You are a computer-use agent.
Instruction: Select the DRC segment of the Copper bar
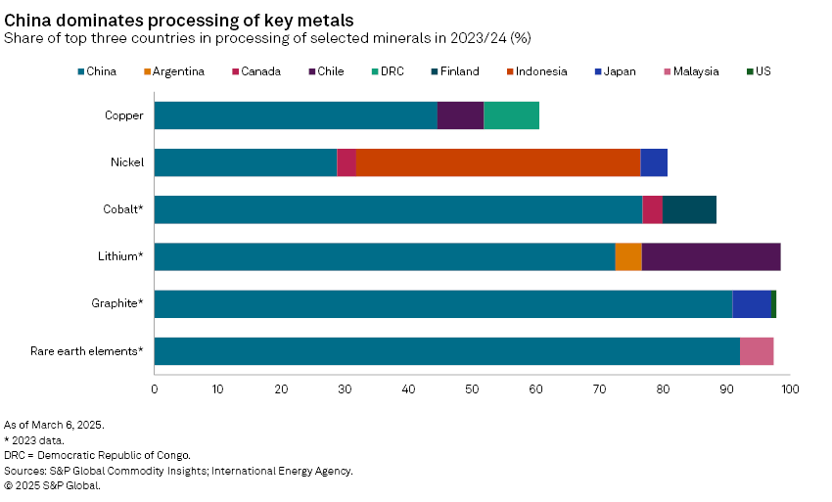click(x=511, y=115)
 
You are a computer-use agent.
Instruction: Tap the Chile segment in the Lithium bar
click(x=711, y=256)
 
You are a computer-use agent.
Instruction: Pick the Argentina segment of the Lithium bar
click(x=628, y=256)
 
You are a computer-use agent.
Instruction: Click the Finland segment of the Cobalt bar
click(x=689, y=209)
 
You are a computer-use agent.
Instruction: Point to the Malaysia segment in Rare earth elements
click(x=757, y=350)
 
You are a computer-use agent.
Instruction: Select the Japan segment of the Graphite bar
click(x=751, y=303)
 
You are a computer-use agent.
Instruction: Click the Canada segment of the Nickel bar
click(x=346, y=162)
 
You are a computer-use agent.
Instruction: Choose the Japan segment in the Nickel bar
click(x=654, y=162)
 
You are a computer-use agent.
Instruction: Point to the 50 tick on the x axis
click(x=472, y=389)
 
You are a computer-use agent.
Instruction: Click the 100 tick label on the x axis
click(x=790, y=389)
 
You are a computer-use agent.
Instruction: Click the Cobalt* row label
click(x=124, y=209)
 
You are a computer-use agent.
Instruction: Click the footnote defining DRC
click(x=98, y=455)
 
